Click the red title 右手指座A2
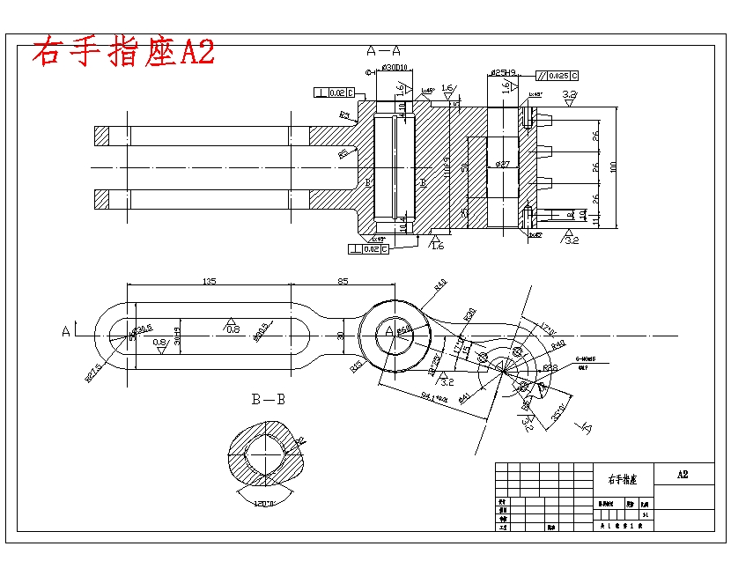[123, 52]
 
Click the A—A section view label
[384, 50]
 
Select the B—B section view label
[269, 399]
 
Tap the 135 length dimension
[209, 282]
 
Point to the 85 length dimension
[343, 282]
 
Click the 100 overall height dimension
[614, 166]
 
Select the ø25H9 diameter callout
[503, 72]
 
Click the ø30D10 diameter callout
[394, 68]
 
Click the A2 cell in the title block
[683, 474]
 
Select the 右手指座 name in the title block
[623, 480]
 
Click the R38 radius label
[550, 367]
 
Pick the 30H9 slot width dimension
[177, 336]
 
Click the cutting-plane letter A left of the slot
[65, 332]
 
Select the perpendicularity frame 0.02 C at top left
[334, 92]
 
